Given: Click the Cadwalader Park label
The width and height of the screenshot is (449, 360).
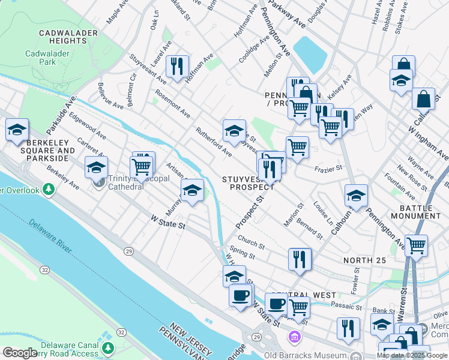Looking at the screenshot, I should pos(41,57).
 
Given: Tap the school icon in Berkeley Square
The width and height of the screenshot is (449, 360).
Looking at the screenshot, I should pos(17,129).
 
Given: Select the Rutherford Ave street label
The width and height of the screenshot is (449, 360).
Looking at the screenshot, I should pos(214,142).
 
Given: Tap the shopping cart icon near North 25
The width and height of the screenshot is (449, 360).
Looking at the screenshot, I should pos(416,245).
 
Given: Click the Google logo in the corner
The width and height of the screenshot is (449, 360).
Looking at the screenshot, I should pos(19,352).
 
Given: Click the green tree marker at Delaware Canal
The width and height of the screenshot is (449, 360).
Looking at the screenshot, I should pos(108,347).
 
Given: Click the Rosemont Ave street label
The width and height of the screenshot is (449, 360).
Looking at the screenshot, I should pos(172,104).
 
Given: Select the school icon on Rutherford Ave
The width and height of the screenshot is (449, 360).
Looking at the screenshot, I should pos(234,130).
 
